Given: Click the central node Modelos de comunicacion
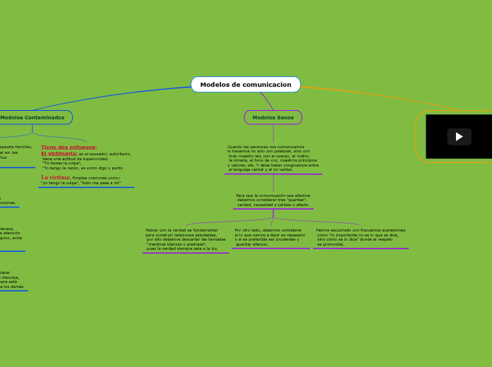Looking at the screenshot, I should pyautogui.click(x=246, y=85).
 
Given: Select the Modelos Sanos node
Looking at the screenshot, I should pyautogui.click(x=273, y=117).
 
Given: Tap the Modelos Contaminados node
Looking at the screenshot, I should pyautogui.click(x=32, y=117).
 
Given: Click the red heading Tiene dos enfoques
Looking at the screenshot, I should pyautogui.click(x=68, y=147).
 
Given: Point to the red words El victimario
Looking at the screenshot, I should pyautogui.click(x=59, y=153).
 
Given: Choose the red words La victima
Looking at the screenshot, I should pyautogui.click(x=55, y=177).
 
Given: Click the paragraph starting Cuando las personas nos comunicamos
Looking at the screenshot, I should pyautogui.click(x=272, y=158).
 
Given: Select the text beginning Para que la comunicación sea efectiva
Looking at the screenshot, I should pyautogui.click(x=272, y=200).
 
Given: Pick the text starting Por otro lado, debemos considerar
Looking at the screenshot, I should pyautogui.click(x=270, y=236).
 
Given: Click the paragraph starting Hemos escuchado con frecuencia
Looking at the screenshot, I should pyautogui.click(x=361, y=236).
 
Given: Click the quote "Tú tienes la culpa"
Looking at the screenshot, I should pyautogui.click(x=62, y=163).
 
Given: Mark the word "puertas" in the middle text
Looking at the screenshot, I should pyautogui.click(x=296, y=200).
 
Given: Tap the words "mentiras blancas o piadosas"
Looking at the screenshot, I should pyautogui.click(x=181, y=244).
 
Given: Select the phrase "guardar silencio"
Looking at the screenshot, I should pyautogui.click(x=252, y=244).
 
